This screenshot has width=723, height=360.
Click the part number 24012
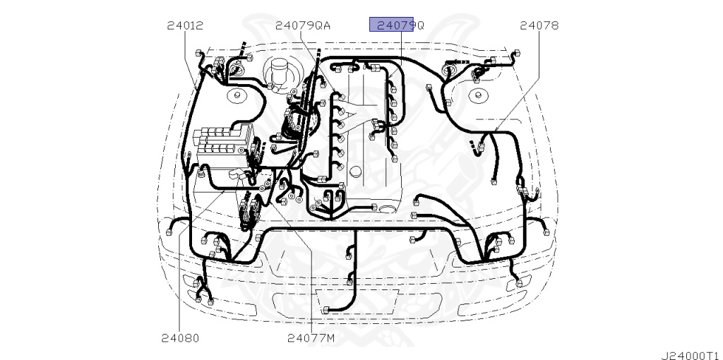tap(185, 25)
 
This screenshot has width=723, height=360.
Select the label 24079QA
tap(303, 25)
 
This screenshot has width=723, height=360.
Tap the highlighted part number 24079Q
tap(400, 25)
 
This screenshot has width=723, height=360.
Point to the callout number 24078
tap(539, 25)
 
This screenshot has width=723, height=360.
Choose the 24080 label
tap(180, 338)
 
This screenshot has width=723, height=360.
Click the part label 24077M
tap(311, 338)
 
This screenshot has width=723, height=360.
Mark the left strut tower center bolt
tap(237, 96)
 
